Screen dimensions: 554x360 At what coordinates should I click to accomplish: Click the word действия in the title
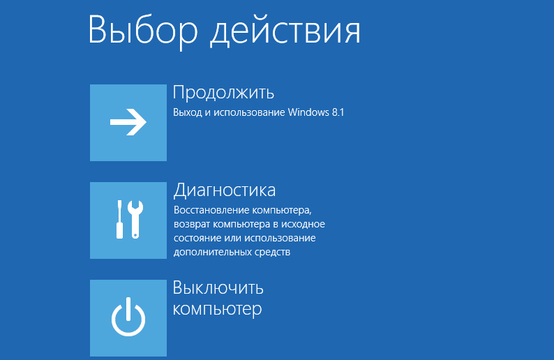coord(285,31)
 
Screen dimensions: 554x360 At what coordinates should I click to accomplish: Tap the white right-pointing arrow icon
coord(128,122)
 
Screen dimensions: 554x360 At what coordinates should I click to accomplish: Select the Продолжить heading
coord(223,93)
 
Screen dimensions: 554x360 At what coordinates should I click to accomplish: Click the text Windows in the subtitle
coord(308,112)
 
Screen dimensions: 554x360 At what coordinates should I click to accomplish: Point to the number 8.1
coord(338,112)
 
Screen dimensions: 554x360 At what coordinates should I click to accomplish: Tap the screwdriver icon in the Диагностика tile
coord(120,219)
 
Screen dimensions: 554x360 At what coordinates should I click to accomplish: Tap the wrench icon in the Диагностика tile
coord(135,219)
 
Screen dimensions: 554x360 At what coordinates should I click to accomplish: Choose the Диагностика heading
coord(225,190)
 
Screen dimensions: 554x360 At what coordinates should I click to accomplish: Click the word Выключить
coord(218,288)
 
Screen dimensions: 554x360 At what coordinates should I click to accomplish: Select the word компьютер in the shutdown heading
coord(217,310)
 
